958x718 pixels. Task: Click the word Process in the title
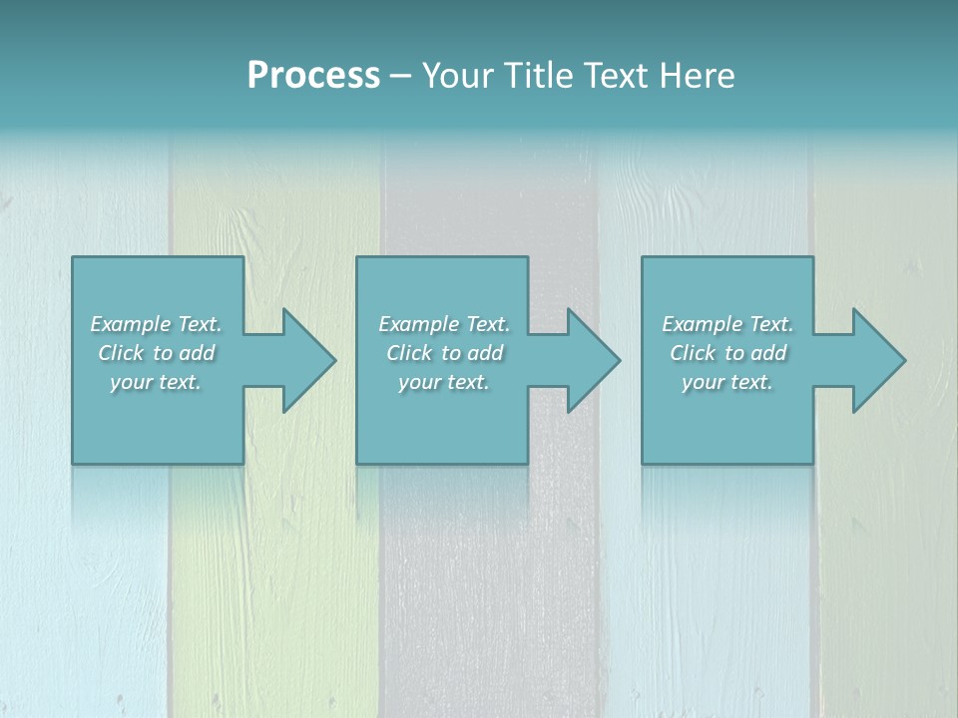pos(313,76)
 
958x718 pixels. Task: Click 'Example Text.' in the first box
pos(156,324)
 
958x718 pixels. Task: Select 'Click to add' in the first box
pos(156,353)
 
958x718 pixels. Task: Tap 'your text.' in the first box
pos(156,382)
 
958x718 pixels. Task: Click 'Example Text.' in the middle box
pos(444,324)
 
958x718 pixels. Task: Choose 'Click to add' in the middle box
pos(444,353)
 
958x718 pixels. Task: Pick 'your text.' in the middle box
pos(444,382)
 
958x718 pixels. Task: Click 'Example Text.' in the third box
pos(727,324)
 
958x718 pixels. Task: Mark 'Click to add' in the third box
pos(727,353)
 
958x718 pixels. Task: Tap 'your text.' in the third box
pos(727,382)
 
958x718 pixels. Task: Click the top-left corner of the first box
pos(73,258)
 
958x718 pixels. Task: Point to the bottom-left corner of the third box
pos(643,463)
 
